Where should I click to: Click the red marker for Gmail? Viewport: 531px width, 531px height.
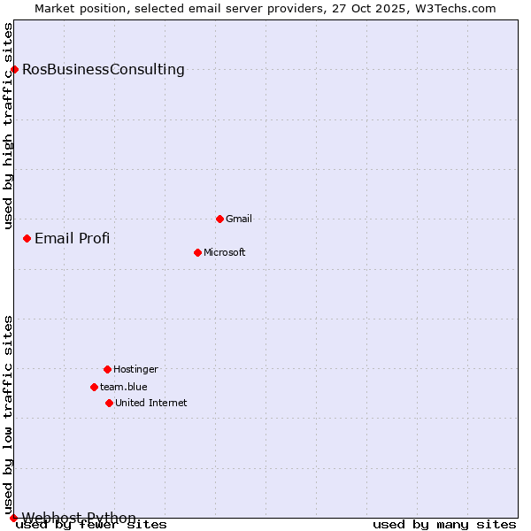219,219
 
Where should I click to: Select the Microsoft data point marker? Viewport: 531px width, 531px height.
197,252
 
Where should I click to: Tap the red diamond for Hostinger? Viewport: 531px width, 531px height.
107,369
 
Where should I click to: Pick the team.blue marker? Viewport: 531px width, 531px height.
94,387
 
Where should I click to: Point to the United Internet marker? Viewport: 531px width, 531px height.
109,403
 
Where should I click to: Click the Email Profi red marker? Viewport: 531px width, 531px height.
27,238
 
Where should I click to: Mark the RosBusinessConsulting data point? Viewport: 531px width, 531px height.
14,69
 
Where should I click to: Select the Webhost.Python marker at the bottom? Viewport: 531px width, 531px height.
13,518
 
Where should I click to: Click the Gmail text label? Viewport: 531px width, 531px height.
239,219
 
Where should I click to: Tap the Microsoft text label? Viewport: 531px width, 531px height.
225,252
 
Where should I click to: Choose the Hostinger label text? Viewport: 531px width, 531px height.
135,369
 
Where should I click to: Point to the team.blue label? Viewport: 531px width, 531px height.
124,387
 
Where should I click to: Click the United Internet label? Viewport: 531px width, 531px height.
151,403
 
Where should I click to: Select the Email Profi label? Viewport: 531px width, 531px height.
73,238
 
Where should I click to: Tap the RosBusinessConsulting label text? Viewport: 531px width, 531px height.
104,69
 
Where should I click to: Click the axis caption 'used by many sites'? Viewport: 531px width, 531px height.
444,525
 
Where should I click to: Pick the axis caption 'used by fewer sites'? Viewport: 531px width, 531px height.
92,525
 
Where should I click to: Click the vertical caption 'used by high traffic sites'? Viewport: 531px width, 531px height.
8,126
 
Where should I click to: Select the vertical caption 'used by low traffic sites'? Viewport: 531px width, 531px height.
8,414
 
